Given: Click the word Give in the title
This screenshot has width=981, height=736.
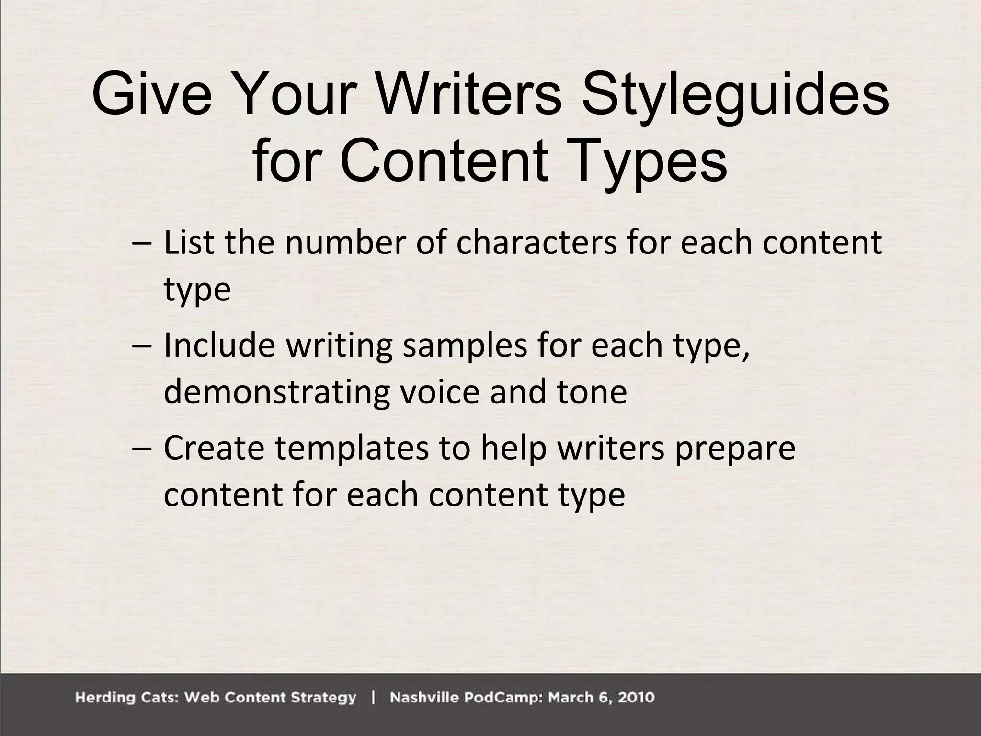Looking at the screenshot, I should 151,95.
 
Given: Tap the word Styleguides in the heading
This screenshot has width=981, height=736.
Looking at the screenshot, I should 735,95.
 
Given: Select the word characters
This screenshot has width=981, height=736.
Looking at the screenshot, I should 536,242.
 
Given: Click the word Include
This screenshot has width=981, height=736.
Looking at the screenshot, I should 220,345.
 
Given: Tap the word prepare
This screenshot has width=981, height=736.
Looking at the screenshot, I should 735,448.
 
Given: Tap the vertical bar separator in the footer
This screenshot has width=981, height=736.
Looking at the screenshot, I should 373,698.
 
